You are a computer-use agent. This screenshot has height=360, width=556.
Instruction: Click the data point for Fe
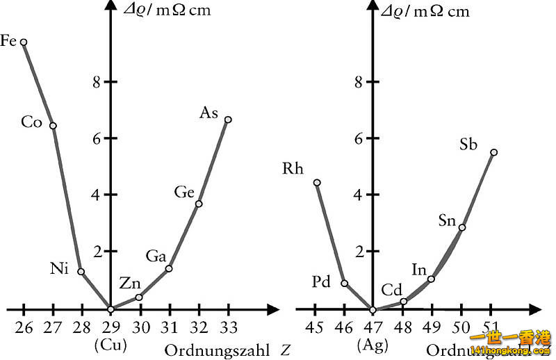[x=24, y=42]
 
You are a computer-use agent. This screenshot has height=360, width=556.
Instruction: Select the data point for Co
[x=53, y=126]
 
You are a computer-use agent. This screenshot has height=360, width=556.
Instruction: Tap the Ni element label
[x=59, y=269]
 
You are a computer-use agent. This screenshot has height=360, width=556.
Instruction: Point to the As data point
[x=228, y=120]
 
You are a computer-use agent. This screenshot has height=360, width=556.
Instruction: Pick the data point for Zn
[x=139, y=297]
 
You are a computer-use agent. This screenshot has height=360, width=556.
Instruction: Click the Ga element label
[x=156, y=256]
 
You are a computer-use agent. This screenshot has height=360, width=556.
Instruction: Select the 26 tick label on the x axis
[x=24, y=327]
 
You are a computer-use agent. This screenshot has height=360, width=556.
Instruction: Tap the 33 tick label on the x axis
[x=228, y=327]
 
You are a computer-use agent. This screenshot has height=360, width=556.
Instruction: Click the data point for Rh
[x=317, y=183]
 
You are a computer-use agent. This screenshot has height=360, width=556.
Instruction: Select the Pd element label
[x=320, y=281]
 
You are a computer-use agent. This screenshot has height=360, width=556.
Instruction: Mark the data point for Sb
[x=493, y=152]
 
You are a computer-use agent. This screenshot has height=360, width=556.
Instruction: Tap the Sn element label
[x=448, y=221]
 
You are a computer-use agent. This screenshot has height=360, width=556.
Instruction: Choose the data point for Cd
[x=403, y=302]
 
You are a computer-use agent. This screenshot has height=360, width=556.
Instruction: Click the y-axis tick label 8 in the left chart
[x=97, y=82]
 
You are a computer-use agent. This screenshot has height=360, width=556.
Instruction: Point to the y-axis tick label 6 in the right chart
[x=359, y=138]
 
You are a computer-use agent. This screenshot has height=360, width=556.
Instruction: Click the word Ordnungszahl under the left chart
[x=217, y=350]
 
